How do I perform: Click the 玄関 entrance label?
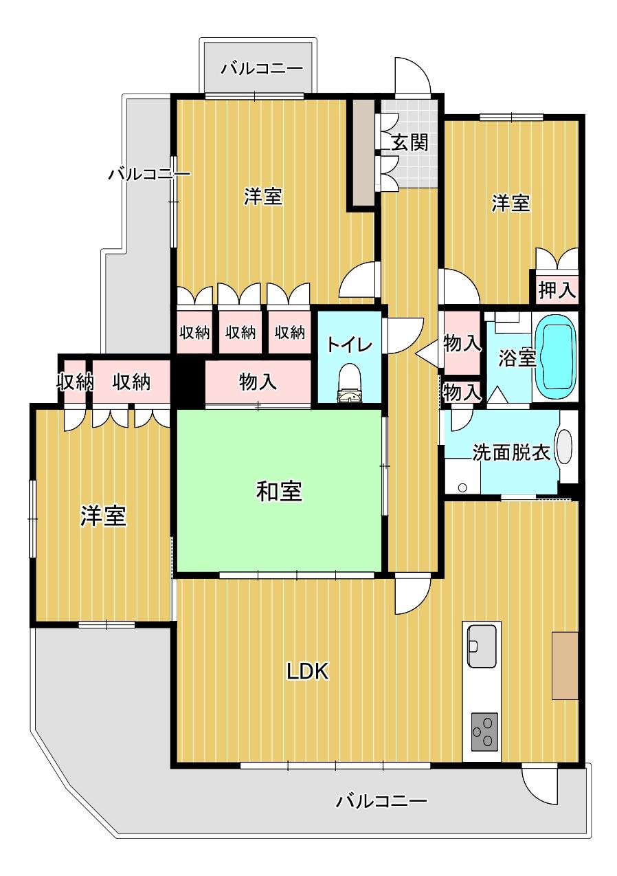(410, 142)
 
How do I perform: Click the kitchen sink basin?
(482, 646)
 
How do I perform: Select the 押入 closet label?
(556, 289)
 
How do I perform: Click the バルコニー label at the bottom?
(382, 801)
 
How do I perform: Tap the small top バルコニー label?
(262, 69)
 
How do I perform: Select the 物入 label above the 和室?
(258, 382)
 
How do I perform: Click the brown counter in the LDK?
(564, 665)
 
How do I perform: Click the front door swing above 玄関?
(412, 76)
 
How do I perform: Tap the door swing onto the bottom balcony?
(540, 784)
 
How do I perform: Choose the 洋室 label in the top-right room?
(511, 204)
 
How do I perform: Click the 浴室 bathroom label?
(517, 358)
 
